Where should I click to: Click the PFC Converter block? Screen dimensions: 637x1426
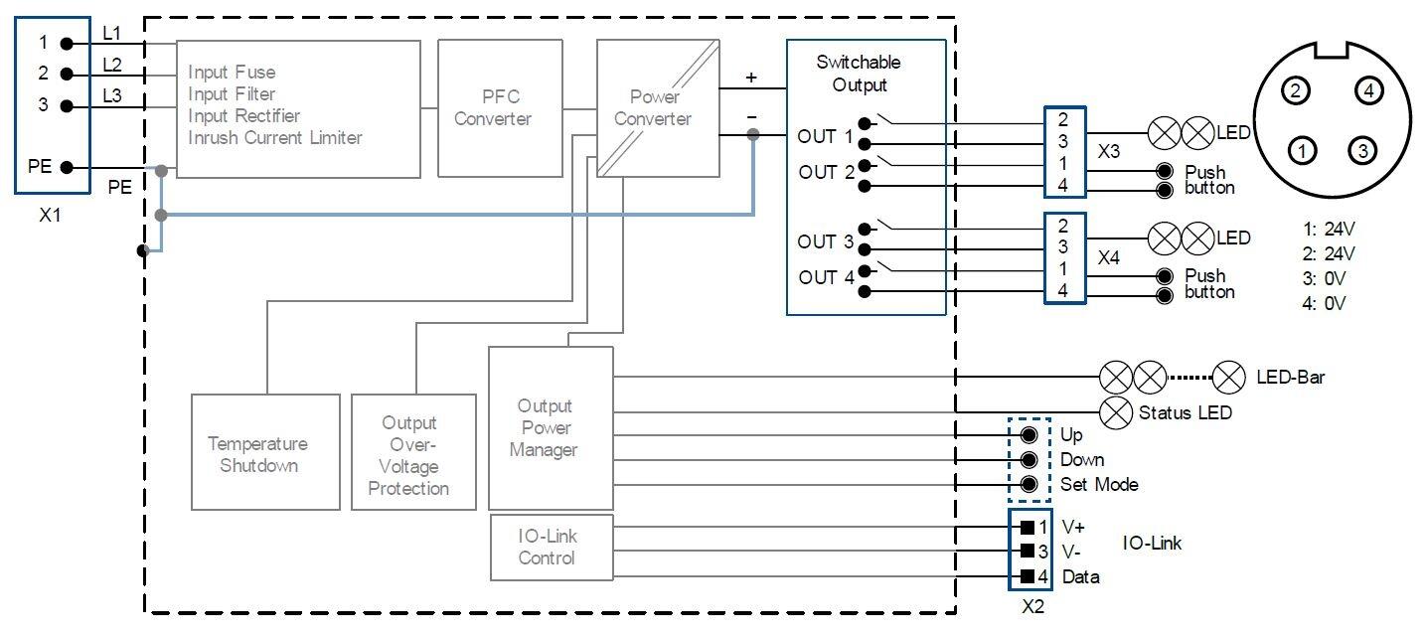[493, 107]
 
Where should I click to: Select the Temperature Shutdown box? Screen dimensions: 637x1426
[257, 453]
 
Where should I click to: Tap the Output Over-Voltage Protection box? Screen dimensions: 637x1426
[408, 453]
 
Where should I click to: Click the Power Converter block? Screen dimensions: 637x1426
[657, 107]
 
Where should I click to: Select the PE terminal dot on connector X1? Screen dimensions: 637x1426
[67, 167]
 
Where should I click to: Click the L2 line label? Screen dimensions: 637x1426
[112, 65]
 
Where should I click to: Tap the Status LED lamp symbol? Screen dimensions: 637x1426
[1117, 410]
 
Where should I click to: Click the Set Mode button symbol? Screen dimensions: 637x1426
[1030, 485]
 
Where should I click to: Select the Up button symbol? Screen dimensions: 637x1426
[1030, 435]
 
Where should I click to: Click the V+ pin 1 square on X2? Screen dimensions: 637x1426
[1028, 527]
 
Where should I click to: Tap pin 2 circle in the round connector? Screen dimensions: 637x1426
[1293, 91]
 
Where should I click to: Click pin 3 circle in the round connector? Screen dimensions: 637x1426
[1362, 151]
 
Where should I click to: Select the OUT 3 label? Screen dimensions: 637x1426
[825, 241]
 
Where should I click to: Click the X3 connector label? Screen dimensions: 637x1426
[1109, 153]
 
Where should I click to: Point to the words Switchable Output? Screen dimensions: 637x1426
[859, 74]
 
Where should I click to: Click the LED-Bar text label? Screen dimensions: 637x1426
[1290, 378]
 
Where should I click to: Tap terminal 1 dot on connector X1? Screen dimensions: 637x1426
[67, 43]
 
